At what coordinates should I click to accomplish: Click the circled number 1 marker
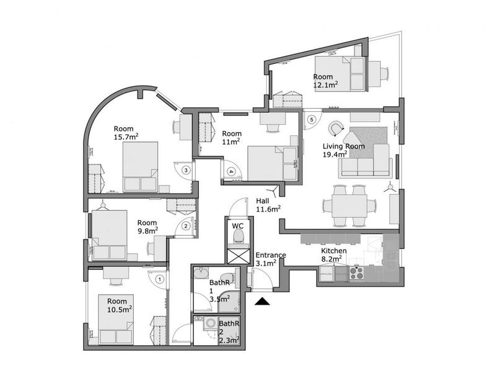pyautogui.click(x=160, y=279)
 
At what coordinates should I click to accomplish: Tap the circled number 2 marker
pyautogui.click(x=185, y=227)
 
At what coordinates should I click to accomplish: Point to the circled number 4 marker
pyautogui.click(x=230, y=171)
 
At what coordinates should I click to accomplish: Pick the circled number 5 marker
pyautogui.click(x=312, y=119)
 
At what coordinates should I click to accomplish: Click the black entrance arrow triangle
pyautogui.click(x=263, y=302)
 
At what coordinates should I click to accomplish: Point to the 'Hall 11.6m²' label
pyautogui.click(x=268, y=205)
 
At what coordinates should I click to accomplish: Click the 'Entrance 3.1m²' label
pyautogui.click(x=270, y=259)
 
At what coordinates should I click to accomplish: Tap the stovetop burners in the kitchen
pyautogui.click(x=357, y=271)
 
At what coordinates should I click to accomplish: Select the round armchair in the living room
pyautogui.click(x=336, y=127)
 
